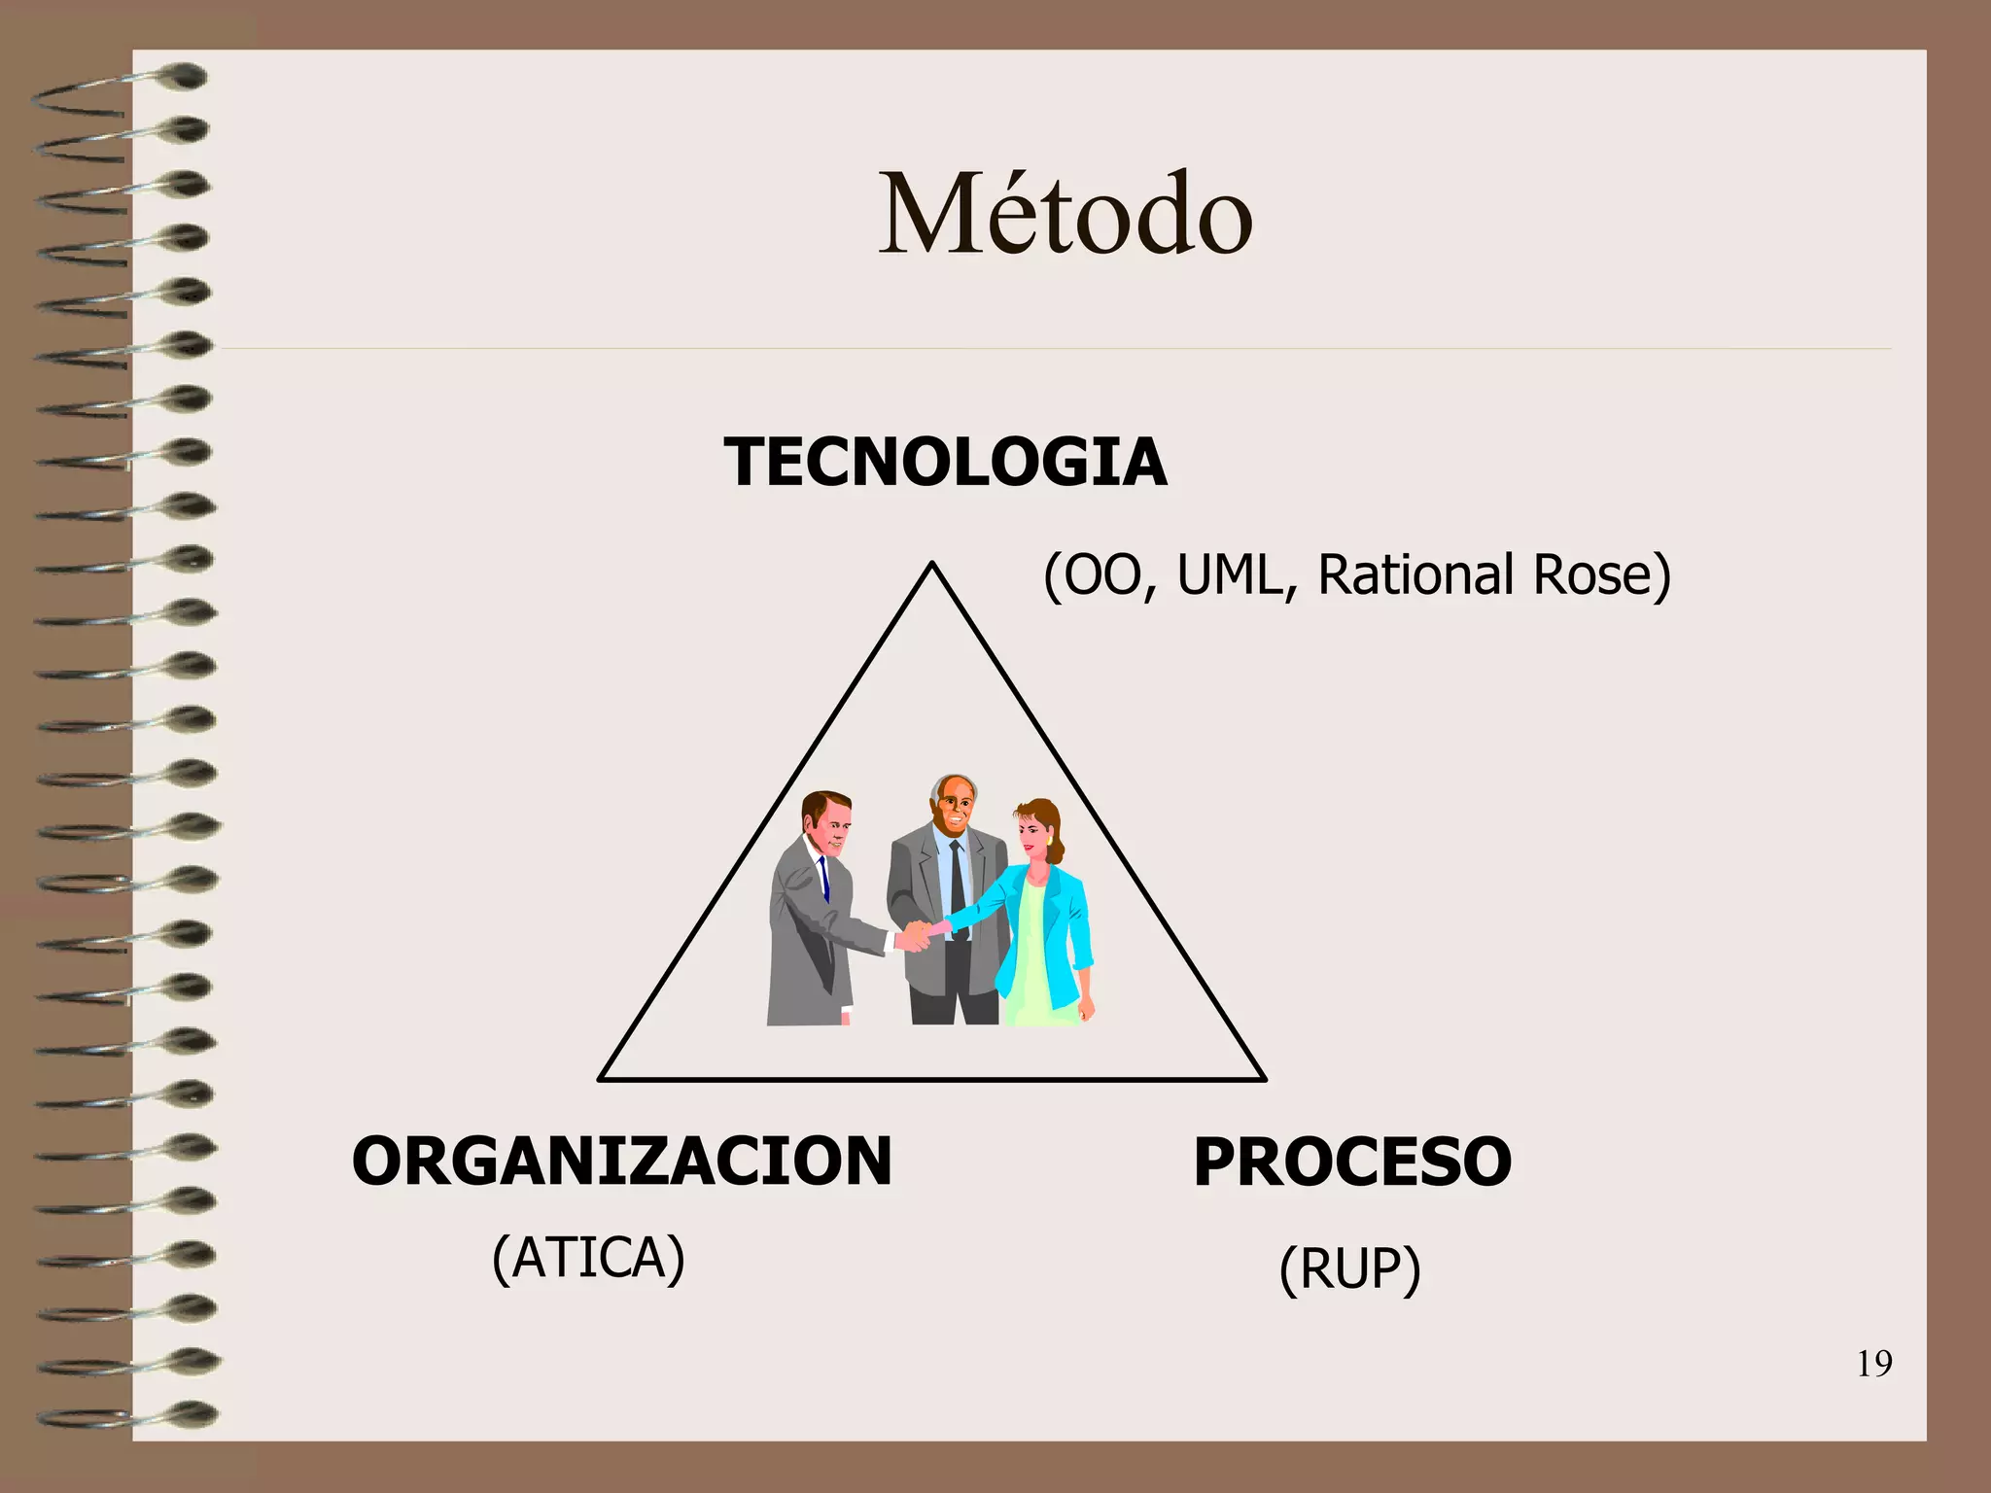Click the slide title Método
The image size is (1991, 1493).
click(1065, 215)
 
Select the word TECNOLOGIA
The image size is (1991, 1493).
click(945, 462)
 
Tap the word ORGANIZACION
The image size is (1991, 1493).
click(622, 1162)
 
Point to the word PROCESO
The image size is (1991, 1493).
click(1352, 1163)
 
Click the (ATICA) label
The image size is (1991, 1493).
click(589, 1259)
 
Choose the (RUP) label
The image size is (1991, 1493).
click(1350, 1269)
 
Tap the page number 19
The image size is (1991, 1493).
click(1874, 1365)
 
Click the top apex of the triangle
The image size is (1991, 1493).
click(932, 564)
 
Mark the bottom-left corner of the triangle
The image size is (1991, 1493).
click(601, 1078)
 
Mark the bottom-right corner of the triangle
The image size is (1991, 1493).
click(1263, 1078)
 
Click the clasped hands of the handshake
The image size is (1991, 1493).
click(915, 935)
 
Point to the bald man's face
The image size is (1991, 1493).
click(956, 806)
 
